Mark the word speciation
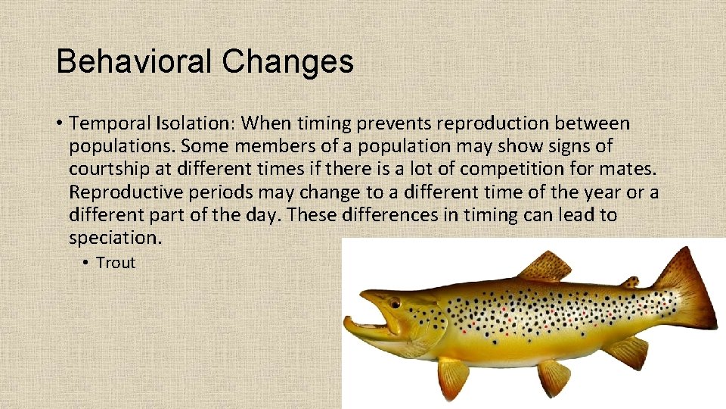pyautogui.click(x=113, y=238)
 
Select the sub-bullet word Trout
pyautogui.click(x=116, y=263)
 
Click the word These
pyautogui.click(x=312, y=214)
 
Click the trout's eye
pyautogui.click(x=393, y=304)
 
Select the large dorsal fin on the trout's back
pyautogui.click(x=545, y=267)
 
